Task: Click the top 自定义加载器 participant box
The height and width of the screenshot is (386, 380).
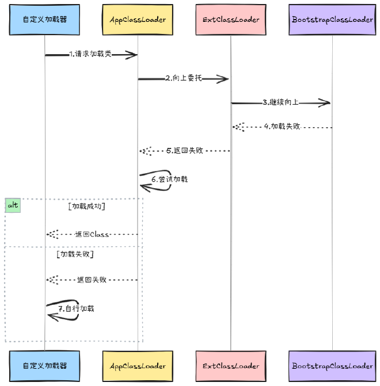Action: click(45, 20)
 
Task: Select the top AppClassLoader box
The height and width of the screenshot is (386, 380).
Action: click(138, 20)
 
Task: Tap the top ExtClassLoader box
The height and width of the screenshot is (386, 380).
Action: click(231, 20)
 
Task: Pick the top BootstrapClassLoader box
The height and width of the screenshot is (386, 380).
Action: click(332, 20)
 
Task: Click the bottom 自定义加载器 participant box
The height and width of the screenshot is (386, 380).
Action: click(45, 366)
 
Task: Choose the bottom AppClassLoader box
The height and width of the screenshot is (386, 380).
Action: click(138, 366)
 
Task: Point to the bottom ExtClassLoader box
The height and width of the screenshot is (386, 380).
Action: click(231, 366)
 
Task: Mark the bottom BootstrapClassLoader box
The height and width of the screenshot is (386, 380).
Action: click(332, 366)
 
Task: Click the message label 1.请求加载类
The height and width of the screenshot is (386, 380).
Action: click(90, 55)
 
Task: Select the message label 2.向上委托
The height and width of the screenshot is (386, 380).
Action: click(184, 78)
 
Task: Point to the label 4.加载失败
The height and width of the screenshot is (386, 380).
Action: click(282, 127)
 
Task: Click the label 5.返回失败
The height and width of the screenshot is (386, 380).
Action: click(184, 151)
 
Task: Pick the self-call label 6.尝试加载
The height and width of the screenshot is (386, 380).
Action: click(169, 179)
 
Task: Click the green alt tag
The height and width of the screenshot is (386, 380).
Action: click(13, 205)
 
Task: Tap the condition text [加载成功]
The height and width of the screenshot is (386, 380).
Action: click(86, 205)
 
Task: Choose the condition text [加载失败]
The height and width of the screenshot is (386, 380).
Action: click(75, 254)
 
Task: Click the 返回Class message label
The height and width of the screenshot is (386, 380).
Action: click(92, 235)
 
